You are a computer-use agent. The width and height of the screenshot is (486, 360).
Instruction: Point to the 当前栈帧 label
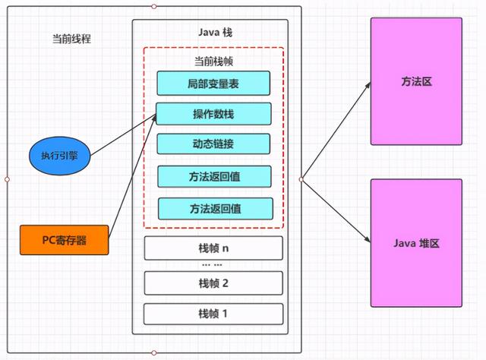click(213, 61)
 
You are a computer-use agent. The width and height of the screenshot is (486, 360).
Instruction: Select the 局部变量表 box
click(213, 83)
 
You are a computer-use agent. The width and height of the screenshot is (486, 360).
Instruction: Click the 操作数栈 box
click(213, 114)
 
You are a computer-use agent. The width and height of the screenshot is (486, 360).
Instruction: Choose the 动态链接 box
click(213, 144)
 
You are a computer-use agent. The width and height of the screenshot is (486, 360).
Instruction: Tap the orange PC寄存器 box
click(65, 240)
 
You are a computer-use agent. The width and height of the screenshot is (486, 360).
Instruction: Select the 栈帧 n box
click(213, 248)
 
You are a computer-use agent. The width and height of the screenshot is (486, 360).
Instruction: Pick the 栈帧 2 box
click(213, 283)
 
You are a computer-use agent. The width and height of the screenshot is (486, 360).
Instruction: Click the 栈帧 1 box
click(213, 313)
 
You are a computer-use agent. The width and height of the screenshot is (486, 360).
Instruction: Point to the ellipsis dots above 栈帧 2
click(213, 265)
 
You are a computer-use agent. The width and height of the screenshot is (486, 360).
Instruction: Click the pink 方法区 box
click(416, 81)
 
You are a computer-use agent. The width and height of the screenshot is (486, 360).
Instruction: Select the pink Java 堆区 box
click(416, 243)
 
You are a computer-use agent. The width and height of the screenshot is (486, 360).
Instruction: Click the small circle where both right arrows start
click(301, 179)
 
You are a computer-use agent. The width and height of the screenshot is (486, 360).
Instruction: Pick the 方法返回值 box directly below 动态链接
click(213, 176)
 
